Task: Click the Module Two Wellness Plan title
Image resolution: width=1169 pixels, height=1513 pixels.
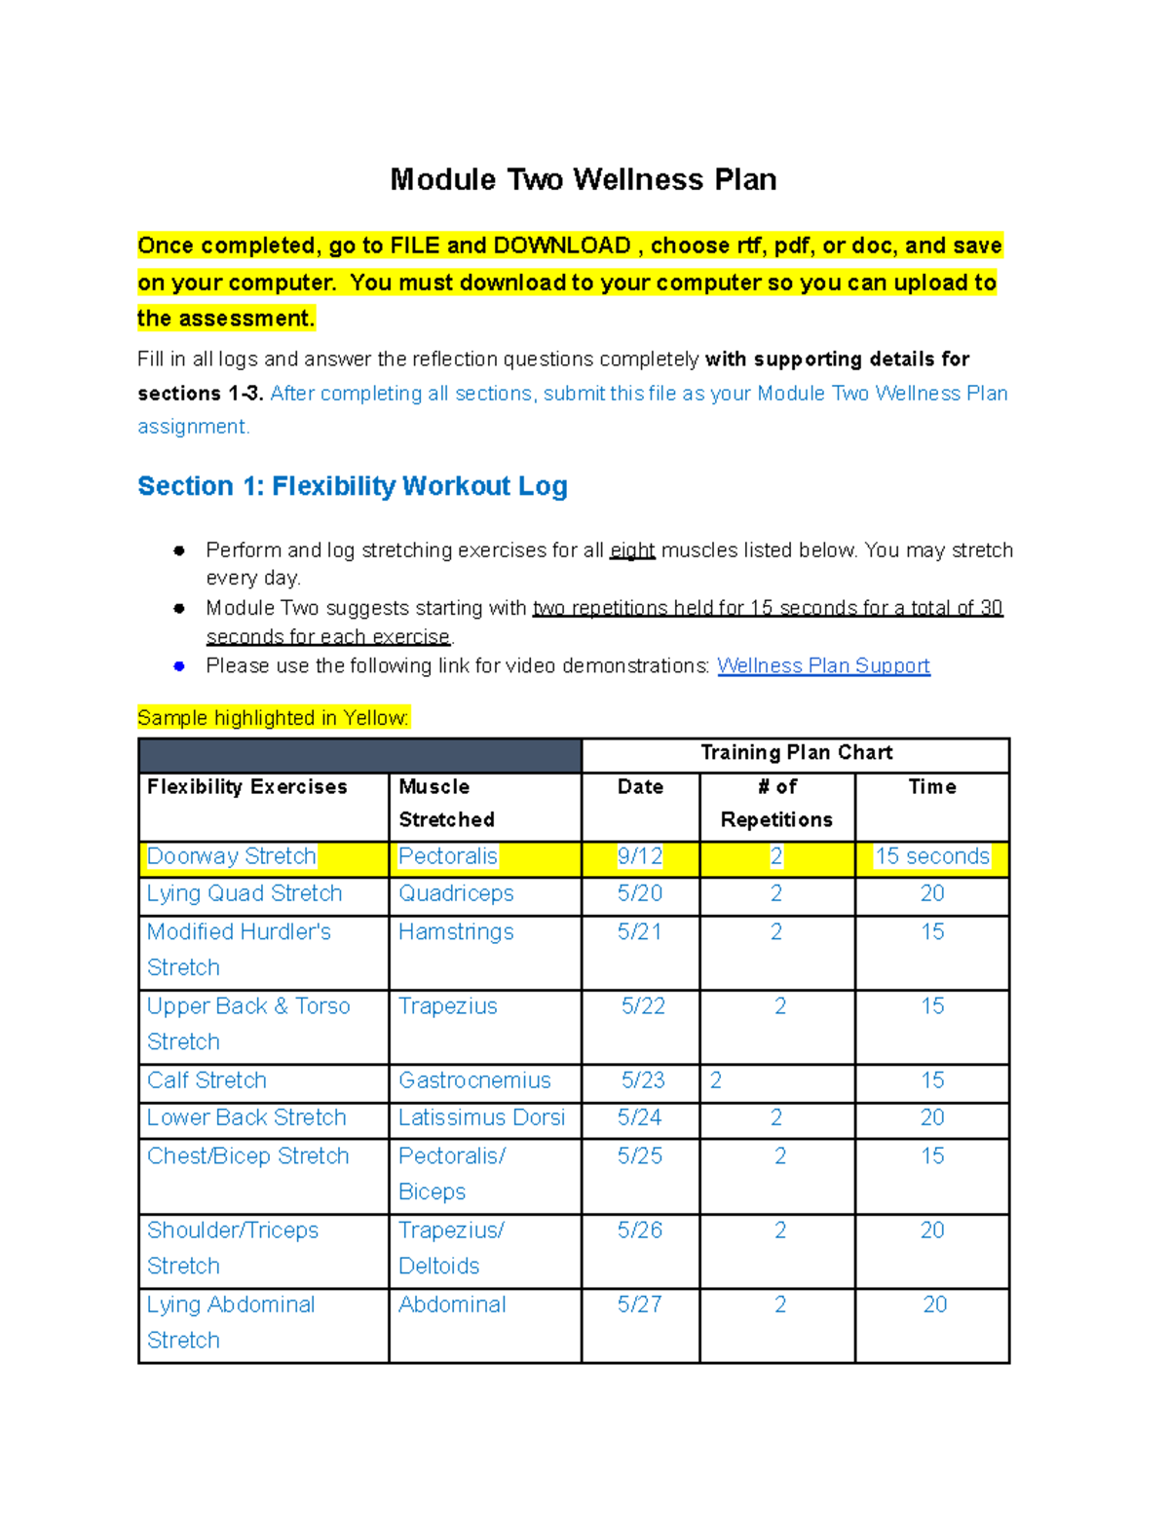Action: coord(583,179)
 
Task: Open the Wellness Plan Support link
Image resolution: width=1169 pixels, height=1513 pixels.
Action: coord(823,665)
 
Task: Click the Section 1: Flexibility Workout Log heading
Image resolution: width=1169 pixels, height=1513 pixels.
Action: coord(352,486)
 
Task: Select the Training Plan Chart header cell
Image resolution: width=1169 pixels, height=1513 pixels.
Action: coord(796,752)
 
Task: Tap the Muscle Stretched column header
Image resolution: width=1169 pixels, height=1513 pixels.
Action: coord(446,803)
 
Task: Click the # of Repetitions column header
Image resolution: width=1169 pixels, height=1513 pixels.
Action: coord(776,803)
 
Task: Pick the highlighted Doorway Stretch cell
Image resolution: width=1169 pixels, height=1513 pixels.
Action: coord(232,856)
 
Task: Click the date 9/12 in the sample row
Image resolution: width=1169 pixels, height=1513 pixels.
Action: coord(639,856)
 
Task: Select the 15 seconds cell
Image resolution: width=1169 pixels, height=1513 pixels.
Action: coord(931,856)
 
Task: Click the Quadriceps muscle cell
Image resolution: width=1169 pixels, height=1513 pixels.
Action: coord(455,893)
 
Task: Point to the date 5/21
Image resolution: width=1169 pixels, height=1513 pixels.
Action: coord(639,931)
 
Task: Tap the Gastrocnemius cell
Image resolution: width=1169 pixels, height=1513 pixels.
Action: coord(474,1080)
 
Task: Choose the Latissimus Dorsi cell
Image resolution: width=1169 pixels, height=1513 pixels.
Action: coord(481,1117)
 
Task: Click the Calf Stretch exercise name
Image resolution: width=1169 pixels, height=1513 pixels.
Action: coord(207,1080)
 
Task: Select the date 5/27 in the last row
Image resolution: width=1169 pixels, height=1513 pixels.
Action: coord(639,1305)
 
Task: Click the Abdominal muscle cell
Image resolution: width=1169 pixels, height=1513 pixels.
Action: coord(452,1305)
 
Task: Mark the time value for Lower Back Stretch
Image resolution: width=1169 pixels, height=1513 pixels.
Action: coord(931,1117)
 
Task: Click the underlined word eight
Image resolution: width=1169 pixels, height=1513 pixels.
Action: coord(632,550)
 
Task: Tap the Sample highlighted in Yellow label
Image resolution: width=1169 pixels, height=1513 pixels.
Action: coord(274,718)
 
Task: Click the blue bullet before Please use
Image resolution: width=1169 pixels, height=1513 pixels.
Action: coord(179,666)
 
